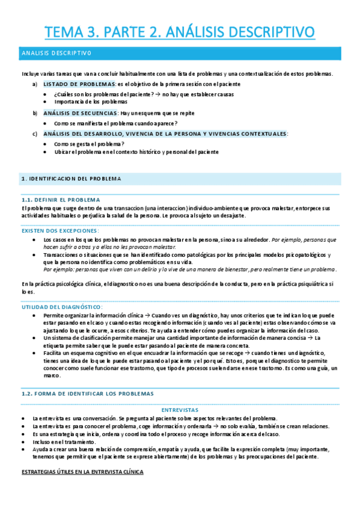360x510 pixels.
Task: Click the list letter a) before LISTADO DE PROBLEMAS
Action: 35,84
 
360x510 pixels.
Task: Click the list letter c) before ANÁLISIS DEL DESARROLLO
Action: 35,134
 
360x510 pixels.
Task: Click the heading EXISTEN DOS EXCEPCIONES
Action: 60,230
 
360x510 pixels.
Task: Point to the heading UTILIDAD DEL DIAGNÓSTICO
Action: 62,307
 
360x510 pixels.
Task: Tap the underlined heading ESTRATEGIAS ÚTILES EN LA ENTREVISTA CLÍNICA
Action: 82,472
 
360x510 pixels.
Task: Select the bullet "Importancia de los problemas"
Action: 90,102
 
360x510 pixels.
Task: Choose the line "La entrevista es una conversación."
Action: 72,418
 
